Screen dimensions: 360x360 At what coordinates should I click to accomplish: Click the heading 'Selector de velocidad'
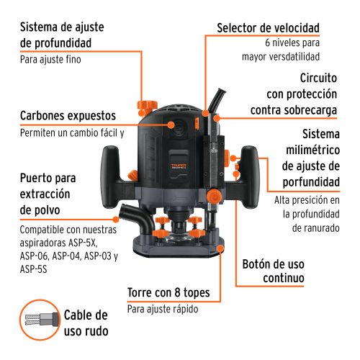pyautogui.click(x=269, y=28)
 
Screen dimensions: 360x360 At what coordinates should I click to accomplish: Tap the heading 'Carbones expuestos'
pyautogui.click(x=67, y=117)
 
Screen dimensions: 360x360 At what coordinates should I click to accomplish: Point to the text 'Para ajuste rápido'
pyautogui.click(x=162, y=310)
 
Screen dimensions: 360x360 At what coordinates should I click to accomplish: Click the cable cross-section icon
pyautogui.click(x=37, y=322)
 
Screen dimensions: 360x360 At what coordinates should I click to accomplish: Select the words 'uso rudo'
pyautogui.click(x=86, y=331)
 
